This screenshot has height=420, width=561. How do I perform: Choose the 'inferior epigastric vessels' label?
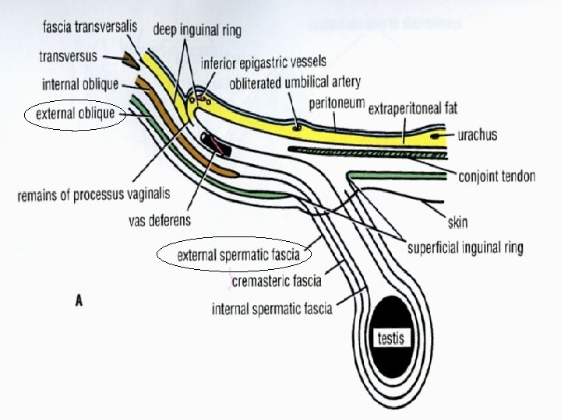(263, 61)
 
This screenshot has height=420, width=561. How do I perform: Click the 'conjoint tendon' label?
(497, 176)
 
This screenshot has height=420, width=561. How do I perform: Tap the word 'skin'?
(458, 222)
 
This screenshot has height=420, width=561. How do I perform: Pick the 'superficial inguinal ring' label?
(465, 248)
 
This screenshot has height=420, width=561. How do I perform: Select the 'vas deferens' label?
(159, 220)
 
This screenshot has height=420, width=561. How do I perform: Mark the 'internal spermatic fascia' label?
(272, 309)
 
